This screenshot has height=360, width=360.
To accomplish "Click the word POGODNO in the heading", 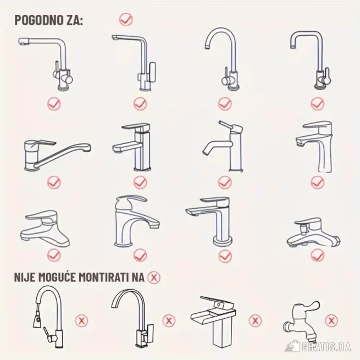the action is pyautogui.click(x=38, y=20).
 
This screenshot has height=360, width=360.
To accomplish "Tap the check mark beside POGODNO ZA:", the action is pyautogui.click(x=126, y=19).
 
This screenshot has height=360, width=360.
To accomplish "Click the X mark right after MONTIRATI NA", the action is pyautogui.click(x=154, y=278).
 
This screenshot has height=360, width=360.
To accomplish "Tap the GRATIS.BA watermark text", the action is pyautogui.click(x=326, y=347).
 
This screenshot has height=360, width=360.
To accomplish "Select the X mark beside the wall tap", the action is pyautogui.click(x=331, y=320).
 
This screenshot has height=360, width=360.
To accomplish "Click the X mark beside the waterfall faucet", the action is pyautogui.click(x=255, y=320).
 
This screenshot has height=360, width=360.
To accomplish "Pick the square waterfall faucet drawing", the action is pyautogui.click(x=213, y=321).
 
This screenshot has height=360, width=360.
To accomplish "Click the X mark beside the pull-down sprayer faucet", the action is pyautogui.click(x=81, y=320).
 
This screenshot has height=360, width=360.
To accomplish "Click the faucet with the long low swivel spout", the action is pyautogui.click(x=57, y=155).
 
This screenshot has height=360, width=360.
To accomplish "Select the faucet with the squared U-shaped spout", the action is pyautogui.click(x=311, y=60).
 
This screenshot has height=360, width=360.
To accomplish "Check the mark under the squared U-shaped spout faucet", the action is pyautogui.click(x=318, y=104).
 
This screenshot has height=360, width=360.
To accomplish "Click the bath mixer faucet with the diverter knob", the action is pyautogui.click(x=314, y=232).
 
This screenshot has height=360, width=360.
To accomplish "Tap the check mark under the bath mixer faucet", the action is pyautogui.click(x=318, y=255).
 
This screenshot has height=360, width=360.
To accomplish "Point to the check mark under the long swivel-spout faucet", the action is pyautogui.click(x=54, y=182).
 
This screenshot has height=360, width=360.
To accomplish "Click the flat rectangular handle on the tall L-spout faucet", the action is pyautogui.click(x=152, y=71).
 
